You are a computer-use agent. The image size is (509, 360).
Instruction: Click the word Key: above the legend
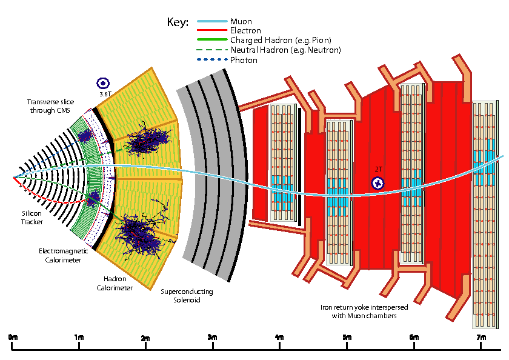(x=178, y=22)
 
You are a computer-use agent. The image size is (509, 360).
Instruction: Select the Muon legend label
(x=241, y=22)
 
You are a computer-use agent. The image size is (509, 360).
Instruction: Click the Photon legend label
(x=244, y=60)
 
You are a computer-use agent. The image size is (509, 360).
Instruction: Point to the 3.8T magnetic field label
(x=105, y=95)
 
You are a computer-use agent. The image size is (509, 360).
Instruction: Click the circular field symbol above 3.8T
(x=103, y=84)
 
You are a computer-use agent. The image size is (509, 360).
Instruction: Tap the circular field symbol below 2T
(x=378, y=182)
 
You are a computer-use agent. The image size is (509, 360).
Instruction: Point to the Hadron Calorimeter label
(x=115, y=284)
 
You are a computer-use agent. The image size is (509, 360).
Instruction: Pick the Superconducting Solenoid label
(x=187, y=295)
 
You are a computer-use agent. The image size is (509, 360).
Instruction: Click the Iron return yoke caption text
(x=364, y=312)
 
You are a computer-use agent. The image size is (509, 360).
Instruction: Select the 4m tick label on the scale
(x=279, y=337)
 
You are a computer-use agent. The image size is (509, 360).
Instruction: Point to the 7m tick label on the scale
(x=481, y=337)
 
